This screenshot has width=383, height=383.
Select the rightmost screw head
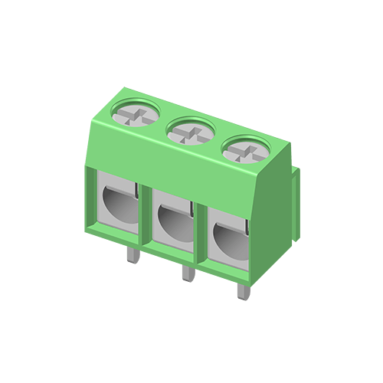click(x=244, y=149)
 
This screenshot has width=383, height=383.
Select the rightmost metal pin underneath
click(x=242, y=291)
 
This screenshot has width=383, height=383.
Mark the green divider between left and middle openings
click(x=148, y=218)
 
